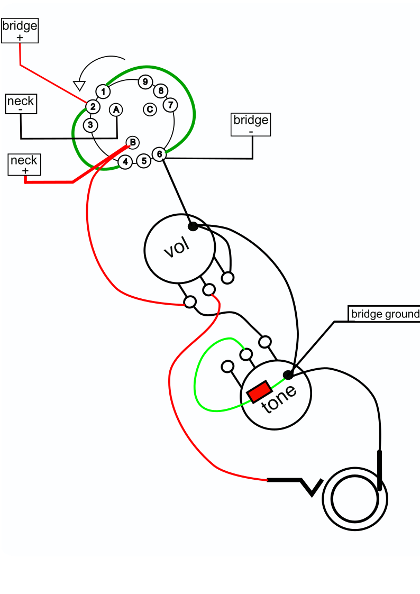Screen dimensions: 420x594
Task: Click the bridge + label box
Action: (20, 31)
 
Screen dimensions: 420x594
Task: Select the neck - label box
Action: (21, 104)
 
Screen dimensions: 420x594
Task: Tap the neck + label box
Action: (24, 165)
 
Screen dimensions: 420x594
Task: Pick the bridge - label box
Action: (251, 124)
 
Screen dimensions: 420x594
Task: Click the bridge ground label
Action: (384, 314)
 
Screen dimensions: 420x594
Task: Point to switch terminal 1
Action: (103, 92)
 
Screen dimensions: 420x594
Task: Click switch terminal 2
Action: (93, 107)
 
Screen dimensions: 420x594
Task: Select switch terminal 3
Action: (90, 125)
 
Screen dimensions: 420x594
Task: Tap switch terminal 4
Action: (125, 162)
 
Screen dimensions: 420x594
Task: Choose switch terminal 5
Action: (144, 161)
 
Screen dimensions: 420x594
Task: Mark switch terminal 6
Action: (159, 154)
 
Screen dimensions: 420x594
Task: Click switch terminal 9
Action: (145, 82)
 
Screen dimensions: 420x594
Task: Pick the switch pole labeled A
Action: (116, 110)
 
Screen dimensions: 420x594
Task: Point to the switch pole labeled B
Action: (133, 142)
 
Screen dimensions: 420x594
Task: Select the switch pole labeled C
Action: (150, 109)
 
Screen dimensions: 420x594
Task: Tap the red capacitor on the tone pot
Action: (259, 392)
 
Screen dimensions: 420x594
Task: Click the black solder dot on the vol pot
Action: (193, 226)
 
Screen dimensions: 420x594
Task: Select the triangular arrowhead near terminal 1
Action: (79, 86)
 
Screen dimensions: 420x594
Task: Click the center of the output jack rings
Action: (355, 499)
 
